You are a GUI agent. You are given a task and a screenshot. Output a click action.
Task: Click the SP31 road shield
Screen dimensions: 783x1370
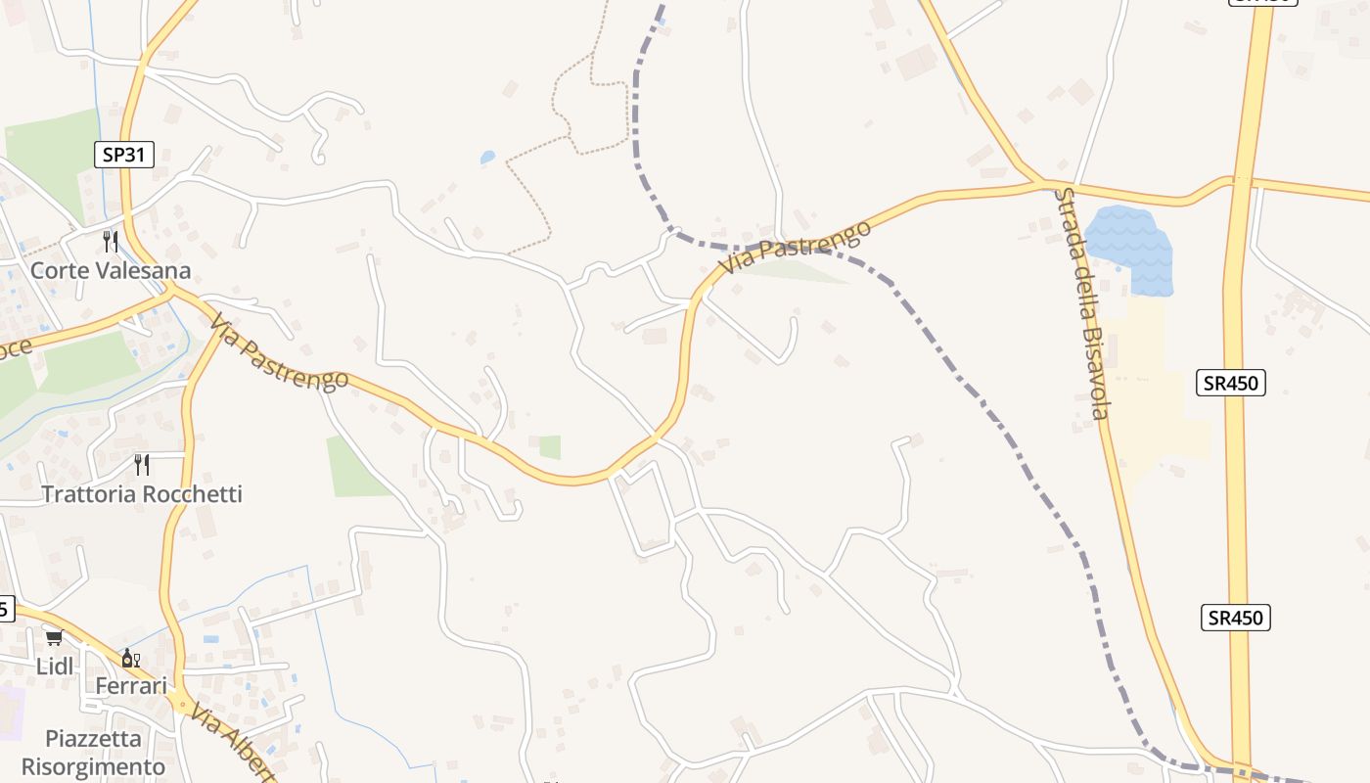click(x=124, y=154)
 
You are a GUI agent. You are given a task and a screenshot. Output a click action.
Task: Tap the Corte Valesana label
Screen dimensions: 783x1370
click(x=110, y=270)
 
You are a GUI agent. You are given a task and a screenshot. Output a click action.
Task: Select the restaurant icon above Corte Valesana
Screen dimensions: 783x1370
click(x=111, y=241)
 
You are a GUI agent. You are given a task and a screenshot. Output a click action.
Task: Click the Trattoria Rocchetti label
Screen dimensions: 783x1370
click(x=141, y=493)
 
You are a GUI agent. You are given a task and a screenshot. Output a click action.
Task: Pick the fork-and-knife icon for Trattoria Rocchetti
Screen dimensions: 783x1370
click(x=142, y=464)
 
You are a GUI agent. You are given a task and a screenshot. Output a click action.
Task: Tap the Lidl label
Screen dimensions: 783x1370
click(x=55, y=667)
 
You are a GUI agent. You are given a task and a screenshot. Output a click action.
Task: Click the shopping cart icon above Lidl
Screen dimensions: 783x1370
click(x=54, y=638)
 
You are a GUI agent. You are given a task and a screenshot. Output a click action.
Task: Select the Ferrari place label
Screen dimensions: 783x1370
click(x=131, y=686)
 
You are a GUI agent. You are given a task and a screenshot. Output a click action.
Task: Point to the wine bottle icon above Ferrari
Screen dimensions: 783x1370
click(x=130, y=658)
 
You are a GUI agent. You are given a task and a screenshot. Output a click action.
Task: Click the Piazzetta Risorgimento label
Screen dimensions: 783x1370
click(x=94, y=752)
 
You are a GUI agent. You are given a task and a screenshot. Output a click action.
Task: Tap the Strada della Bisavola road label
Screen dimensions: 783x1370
click(x=1081, y=303)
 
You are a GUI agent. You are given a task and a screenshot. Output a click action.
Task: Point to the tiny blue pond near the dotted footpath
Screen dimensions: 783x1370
click(x=487, y=157)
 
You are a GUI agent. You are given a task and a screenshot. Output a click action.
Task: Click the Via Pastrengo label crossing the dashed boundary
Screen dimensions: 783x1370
click(x=795, y=248)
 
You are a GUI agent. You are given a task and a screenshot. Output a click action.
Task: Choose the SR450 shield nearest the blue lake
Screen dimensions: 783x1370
click(x=1231, y=383)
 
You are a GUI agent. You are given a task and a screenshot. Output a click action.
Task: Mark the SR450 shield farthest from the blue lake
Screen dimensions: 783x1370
click(x=1235, y=618)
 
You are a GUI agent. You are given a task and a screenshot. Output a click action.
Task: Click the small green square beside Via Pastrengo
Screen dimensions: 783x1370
click(x=550, y=447)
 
